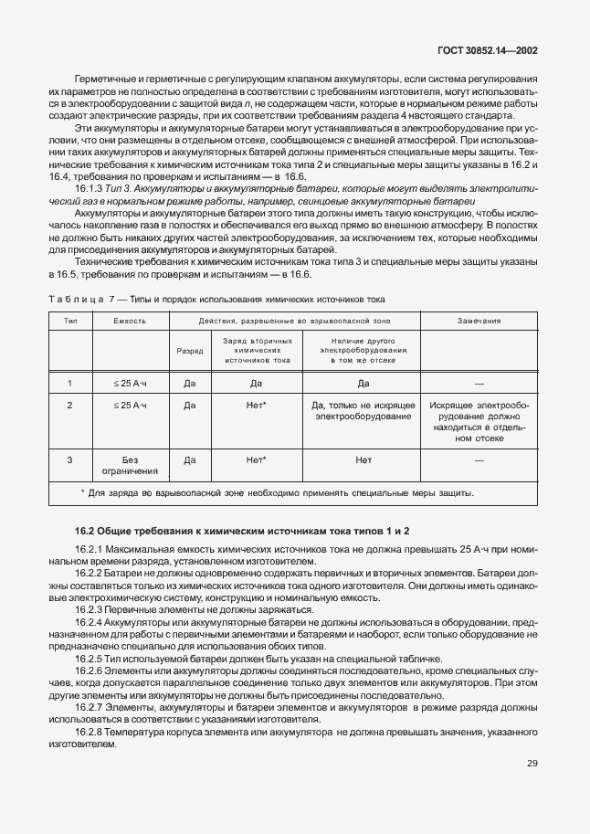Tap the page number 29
coord(532,764)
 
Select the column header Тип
coord(69,322)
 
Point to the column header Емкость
coord(129,322)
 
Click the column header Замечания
coord(479,322)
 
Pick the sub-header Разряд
coord(190,350)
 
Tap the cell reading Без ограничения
coord(129,466)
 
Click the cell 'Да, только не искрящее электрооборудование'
coord(363,410)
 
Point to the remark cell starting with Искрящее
coord(479,421)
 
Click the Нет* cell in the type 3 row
coord(256,460)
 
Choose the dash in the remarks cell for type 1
coord(479,384)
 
